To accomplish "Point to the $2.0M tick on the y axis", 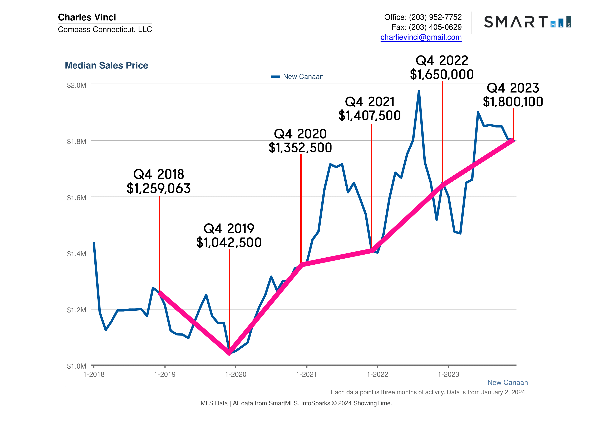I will point(76,85).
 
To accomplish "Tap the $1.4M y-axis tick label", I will point(76,254).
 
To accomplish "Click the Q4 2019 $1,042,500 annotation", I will point(229,235).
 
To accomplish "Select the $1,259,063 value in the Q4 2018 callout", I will point(159,189).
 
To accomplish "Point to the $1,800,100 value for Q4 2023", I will point(513,102).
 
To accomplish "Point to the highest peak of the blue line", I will point(419,92).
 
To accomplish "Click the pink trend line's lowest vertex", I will point(229,352).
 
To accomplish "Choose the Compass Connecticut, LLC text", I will point(105,29).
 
